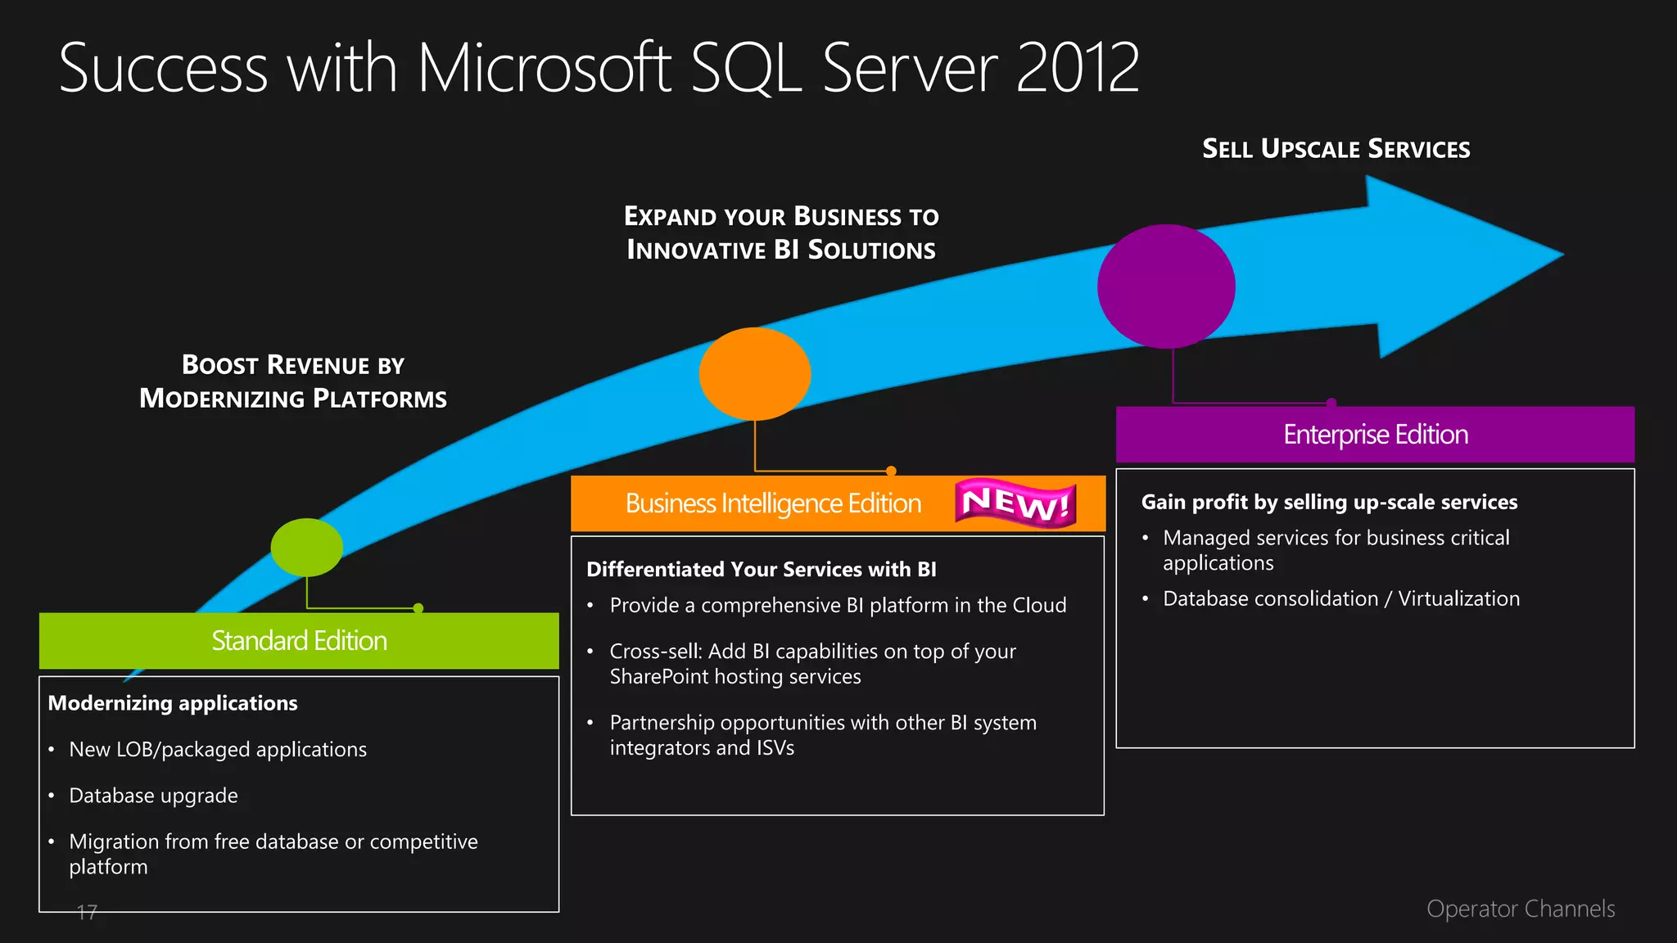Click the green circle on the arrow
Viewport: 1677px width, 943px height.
click(307, 547)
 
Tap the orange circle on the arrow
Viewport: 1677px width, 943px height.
click(754, 374)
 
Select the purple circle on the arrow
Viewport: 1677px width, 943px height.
click(1166, 287)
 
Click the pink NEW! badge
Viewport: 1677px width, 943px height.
click(1015, 503)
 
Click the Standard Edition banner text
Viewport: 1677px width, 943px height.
click(299, 640)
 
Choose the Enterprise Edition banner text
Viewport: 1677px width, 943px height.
click(1375, 435)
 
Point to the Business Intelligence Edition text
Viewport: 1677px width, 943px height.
click(773, 503)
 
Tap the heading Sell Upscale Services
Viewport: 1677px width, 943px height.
click(1336, 149)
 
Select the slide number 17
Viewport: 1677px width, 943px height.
click(87, 912)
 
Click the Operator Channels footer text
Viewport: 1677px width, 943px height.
click(1520, 909)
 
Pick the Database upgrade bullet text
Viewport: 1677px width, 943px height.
click(153, 796)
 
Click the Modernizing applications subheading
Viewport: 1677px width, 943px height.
click(173, 703)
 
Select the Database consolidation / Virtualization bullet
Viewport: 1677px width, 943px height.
click(1340, 599)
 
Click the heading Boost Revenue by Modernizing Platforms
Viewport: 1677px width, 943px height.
click(293, 381)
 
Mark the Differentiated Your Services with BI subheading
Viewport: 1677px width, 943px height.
click(761, 570)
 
